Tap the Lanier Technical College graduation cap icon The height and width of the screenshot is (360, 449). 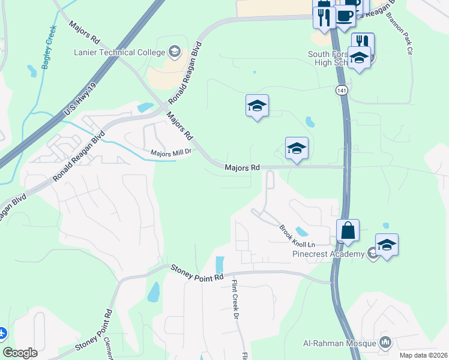[175, 51]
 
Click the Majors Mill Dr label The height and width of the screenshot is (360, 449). [170, 152]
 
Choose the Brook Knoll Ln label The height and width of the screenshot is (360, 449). [297, 236]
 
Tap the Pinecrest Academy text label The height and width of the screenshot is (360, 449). [328, 254]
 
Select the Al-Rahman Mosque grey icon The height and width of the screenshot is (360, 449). [385, 343]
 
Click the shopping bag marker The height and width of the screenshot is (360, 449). [348, 230]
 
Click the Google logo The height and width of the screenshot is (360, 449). [20, 353]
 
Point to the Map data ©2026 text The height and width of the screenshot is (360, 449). [423, 355]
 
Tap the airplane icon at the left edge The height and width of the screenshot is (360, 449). [2, 332]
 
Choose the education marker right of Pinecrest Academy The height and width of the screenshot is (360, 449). [387, 244]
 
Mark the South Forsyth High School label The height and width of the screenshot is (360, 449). [327, 58]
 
